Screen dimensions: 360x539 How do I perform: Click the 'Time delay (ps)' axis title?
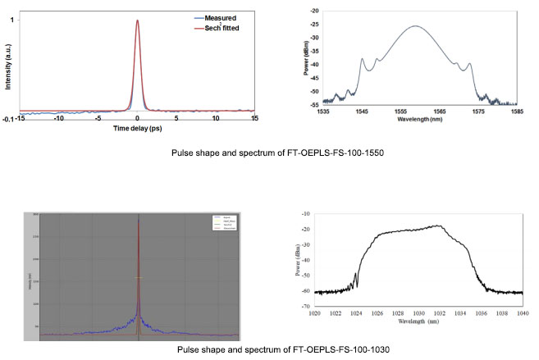point(137,130)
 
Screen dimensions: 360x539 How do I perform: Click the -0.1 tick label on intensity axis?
point(8,119)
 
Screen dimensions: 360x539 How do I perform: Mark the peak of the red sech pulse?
point(137,21)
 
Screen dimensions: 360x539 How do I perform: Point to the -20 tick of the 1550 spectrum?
point(314,11)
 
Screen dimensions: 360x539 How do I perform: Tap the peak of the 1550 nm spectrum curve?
point(416,26)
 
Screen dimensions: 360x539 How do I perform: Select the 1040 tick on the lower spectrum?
point(523,312)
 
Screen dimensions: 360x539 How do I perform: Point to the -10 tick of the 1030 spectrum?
point(305,212)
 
